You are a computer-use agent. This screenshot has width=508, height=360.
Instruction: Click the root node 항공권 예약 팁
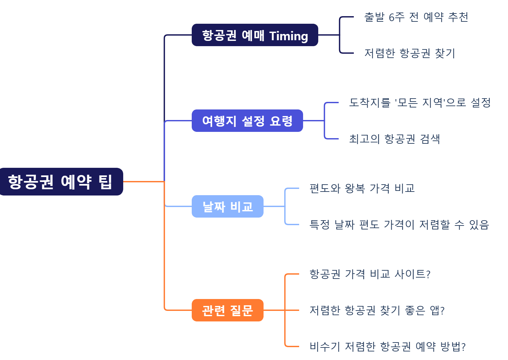pos(61,182)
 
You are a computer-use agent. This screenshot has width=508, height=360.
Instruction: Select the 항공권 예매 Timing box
pos(255,35)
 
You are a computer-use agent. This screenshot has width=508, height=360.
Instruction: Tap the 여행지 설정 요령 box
pos(247,121)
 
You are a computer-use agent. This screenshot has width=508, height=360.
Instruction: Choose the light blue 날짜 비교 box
pos(227,207)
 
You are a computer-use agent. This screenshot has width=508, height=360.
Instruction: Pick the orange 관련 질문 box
pos(227,310)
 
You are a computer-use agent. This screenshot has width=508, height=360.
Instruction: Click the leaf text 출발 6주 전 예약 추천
pos(416,17)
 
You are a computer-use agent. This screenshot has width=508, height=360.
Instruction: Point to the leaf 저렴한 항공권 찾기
pos(409,53)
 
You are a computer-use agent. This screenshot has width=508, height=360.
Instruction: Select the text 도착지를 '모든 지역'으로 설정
pos(420,103)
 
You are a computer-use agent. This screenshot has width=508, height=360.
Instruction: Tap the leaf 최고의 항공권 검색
pos(394,139)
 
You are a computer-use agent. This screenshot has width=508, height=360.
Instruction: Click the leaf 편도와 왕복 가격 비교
pos(362,188)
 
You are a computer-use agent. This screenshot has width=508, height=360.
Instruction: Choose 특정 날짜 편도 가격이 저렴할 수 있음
pos(399,225)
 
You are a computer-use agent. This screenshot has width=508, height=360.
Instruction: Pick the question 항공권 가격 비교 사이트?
pos(370,274)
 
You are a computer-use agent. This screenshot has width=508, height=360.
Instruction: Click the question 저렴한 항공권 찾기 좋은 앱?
pos(377,310)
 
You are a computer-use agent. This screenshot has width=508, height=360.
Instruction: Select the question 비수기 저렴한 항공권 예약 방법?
pos(387,346)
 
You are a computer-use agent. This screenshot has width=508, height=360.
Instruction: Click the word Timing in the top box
pos(289,36)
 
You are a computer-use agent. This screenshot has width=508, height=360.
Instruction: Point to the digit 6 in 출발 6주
pos(392,17)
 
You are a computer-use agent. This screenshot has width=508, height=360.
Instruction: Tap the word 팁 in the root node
pos(105,182)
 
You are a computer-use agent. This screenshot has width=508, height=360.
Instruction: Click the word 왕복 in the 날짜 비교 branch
pos(355,188)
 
